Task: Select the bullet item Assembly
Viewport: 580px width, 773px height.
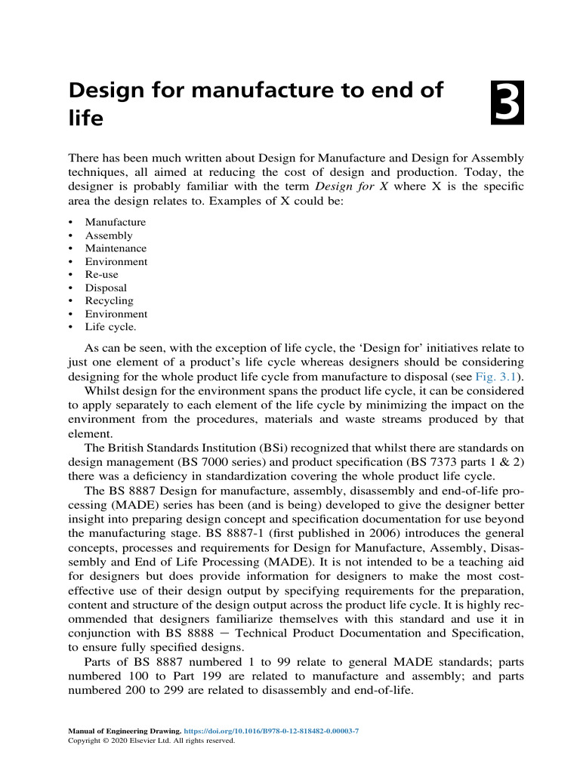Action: tap(108, 236)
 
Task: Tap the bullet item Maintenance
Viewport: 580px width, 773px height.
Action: tap(116, 248)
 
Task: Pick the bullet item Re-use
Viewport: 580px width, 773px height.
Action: tap(101, 275)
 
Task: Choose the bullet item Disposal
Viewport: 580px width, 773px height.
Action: tap(106, 288)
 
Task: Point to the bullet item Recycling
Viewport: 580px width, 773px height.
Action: tap(110, 300)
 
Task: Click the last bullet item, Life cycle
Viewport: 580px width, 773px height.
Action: tap(111, 327)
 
